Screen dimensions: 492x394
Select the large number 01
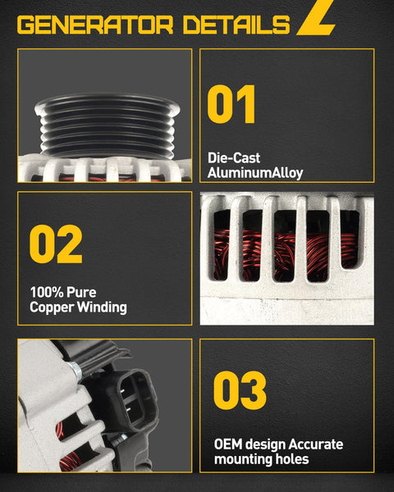tap(231, 104)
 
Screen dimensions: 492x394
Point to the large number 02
tap(57, 244)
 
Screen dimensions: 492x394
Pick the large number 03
tap(240, 391)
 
